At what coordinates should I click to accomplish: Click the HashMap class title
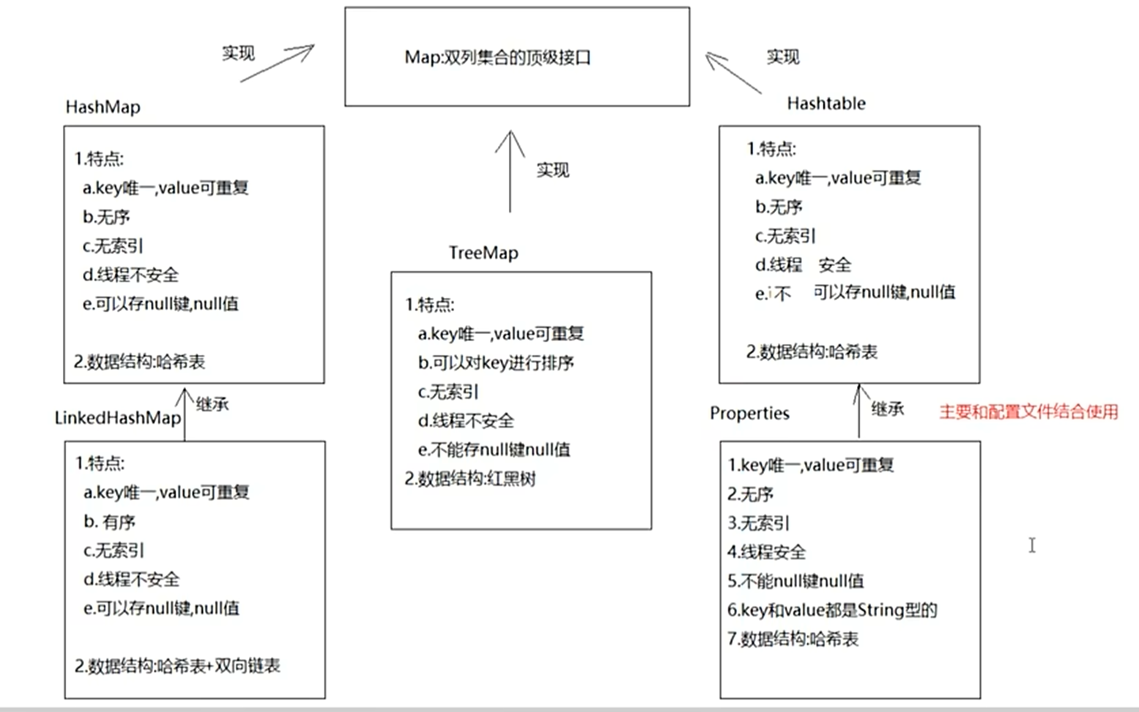point(103,107)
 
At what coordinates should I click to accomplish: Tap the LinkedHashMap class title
point(117,418)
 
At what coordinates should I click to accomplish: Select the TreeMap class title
point(483,253)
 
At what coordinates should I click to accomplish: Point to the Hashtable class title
point(826,103)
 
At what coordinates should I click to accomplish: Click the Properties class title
point(749,414)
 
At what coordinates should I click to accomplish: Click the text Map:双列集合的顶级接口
point(497,57)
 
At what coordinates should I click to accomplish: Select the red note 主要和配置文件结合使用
point(1028,412)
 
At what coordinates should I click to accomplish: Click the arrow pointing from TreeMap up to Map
point(510,171)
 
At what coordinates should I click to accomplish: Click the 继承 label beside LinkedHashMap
point(212,404)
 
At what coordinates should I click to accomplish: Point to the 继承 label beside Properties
point(887,409)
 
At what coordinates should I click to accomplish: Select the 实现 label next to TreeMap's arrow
point(552,170)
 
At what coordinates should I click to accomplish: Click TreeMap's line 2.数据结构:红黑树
point(470,479)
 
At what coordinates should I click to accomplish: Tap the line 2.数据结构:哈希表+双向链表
point(177,666)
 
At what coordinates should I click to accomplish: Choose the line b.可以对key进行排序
point(495,363)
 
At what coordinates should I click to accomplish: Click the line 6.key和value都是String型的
point(832,610)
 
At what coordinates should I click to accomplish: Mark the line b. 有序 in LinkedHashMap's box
point(109,522)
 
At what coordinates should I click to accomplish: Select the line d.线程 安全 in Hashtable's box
point(803,265)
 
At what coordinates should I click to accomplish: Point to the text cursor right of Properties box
point(1032,545)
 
